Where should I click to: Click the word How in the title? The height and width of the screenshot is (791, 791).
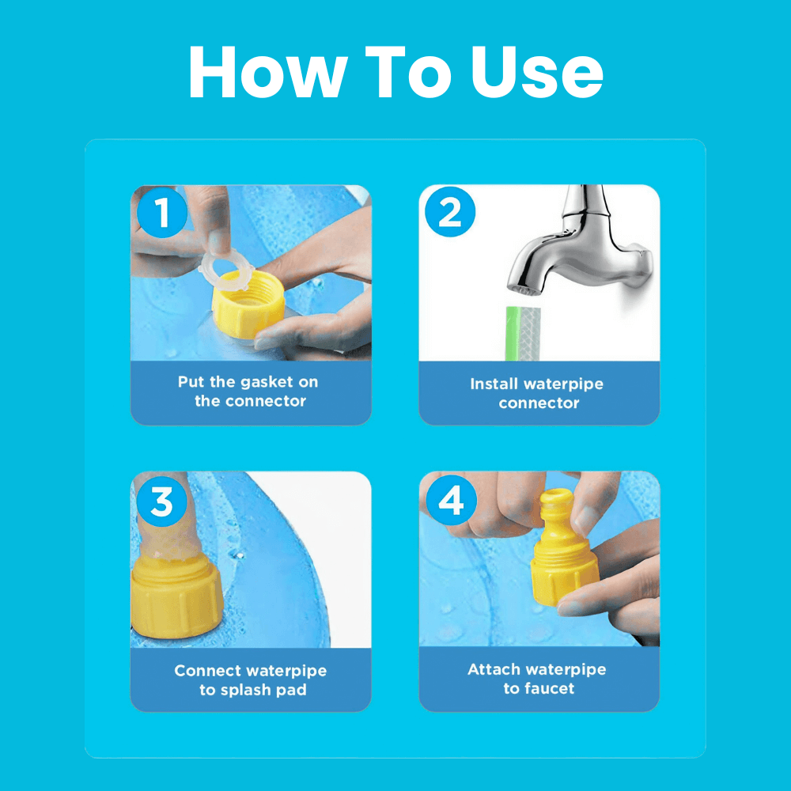[268, 72]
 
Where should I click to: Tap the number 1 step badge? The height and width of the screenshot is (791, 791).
[162, 212]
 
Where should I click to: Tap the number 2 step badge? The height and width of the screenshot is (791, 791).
[450, 212]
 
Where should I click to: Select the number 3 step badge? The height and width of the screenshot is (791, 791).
[162, 501]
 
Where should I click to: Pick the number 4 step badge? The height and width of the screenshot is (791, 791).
[451, 501]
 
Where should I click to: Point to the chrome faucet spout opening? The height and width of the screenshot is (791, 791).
[524, 291]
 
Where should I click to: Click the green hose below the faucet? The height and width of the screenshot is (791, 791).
[523, 334]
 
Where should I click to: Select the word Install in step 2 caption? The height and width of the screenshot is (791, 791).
[494, 384]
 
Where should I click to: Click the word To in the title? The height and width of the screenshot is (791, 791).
[408, 72]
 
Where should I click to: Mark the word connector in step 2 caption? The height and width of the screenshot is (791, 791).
[539, 403]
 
